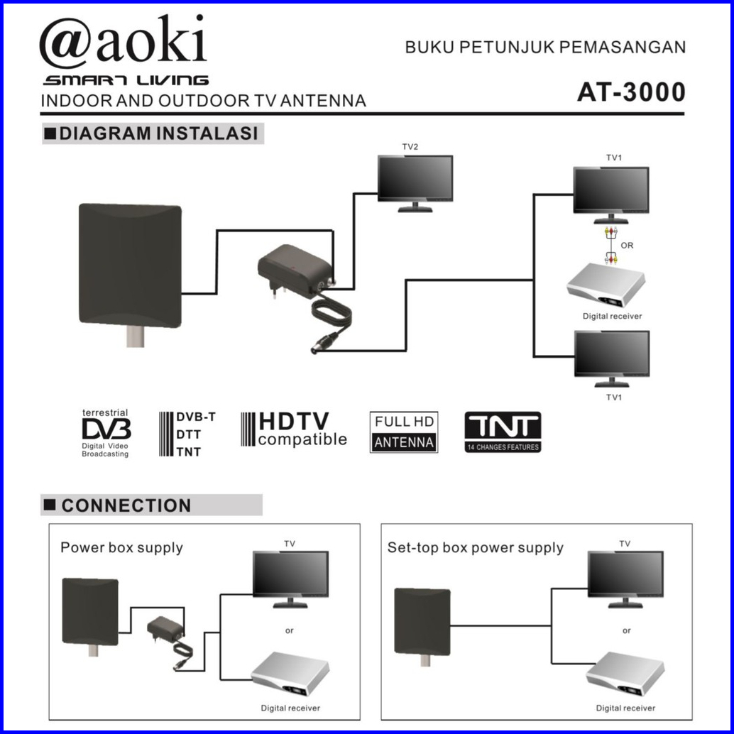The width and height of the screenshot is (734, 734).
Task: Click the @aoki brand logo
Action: pyautogui.click(x=123, y=41)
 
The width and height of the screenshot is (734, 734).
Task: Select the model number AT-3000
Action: pyautogui.click(x=631, y=92)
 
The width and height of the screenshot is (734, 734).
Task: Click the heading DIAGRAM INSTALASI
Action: pyautogui.click(x=159, y=133)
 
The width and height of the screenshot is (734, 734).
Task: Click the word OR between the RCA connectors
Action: pyautogui.click(x=627, y=246)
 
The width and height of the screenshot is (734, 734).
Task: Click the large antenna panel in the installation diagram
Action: pyautogui.click(x=130, y=265)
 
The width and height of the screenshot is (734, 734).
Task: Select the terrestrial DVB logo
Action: pyautogui.click(x=106, y=433)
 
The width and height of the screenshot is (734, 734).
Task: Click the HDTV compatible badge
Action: pyautogui.click(x=294, y=429)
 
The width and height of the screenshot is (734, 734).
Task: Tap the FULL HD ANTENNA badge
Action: pyautogui.click(x=404, y=432)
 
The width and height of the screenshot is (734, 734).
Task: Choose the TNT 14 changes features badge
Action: pyautogui.click(x=503, y=432)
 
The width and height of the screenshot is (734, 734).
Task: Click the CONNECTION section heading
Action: pyautogui.click(x=126, y=505)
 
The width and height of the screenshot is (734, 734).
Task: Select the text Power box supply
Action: pyautogui.click(x=121, y=548)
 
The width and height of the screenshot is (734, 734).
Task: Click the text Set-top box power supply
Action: pyautogui.click(x=475, y=548)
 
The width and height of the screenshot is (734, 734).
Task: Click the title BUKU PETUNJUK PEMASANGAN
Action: pyautogui.click(x=545, y=48)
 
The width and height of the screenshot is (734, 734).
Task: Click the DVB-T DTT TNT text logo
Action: pyautogui.click(x=187, y=434)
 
